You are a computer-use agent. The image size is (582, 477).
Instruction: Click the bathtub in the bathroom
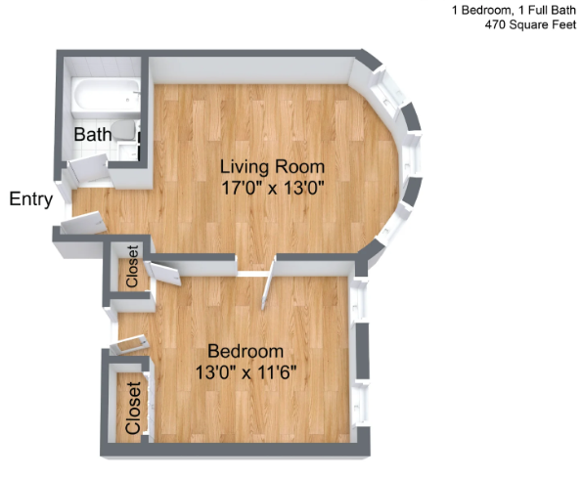point(107,95)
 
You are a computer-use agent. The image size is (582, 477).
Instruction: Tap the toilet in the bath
point(123,129)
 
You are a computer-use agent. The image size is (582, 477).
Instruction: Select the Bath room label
point(92,134)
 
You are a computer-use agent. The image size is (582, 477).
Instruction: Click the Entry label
point(31,199)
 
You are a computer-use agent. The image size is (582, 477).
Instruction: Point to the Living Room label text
point(272,166)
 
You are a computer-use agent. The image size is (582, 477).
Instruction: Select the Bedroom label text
point(246,351)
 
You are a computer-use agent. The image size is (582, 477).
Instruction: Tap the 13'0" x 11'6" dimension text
point(246,372)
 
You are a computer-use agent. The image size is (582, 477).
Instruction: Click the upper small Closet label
point(132,266)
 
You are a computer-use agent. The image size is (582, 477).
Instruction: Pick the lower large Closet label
point(133,408)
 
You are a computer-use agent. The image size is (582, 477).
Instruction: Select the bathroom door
point(89,168)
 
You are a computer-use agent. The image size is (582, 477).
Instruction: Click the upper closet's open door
point(162,273)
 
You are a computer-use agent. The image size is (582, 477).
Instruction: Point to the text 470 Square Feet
point(530,24)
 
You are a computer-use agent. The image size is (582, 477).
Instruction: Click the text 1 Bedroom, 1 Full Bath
point(514,10)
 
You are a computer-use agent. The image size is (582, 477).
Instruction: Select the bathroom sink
point(128,152)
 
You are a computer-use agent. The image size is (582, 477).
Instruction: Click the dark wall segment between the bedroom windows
point(362,351)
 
